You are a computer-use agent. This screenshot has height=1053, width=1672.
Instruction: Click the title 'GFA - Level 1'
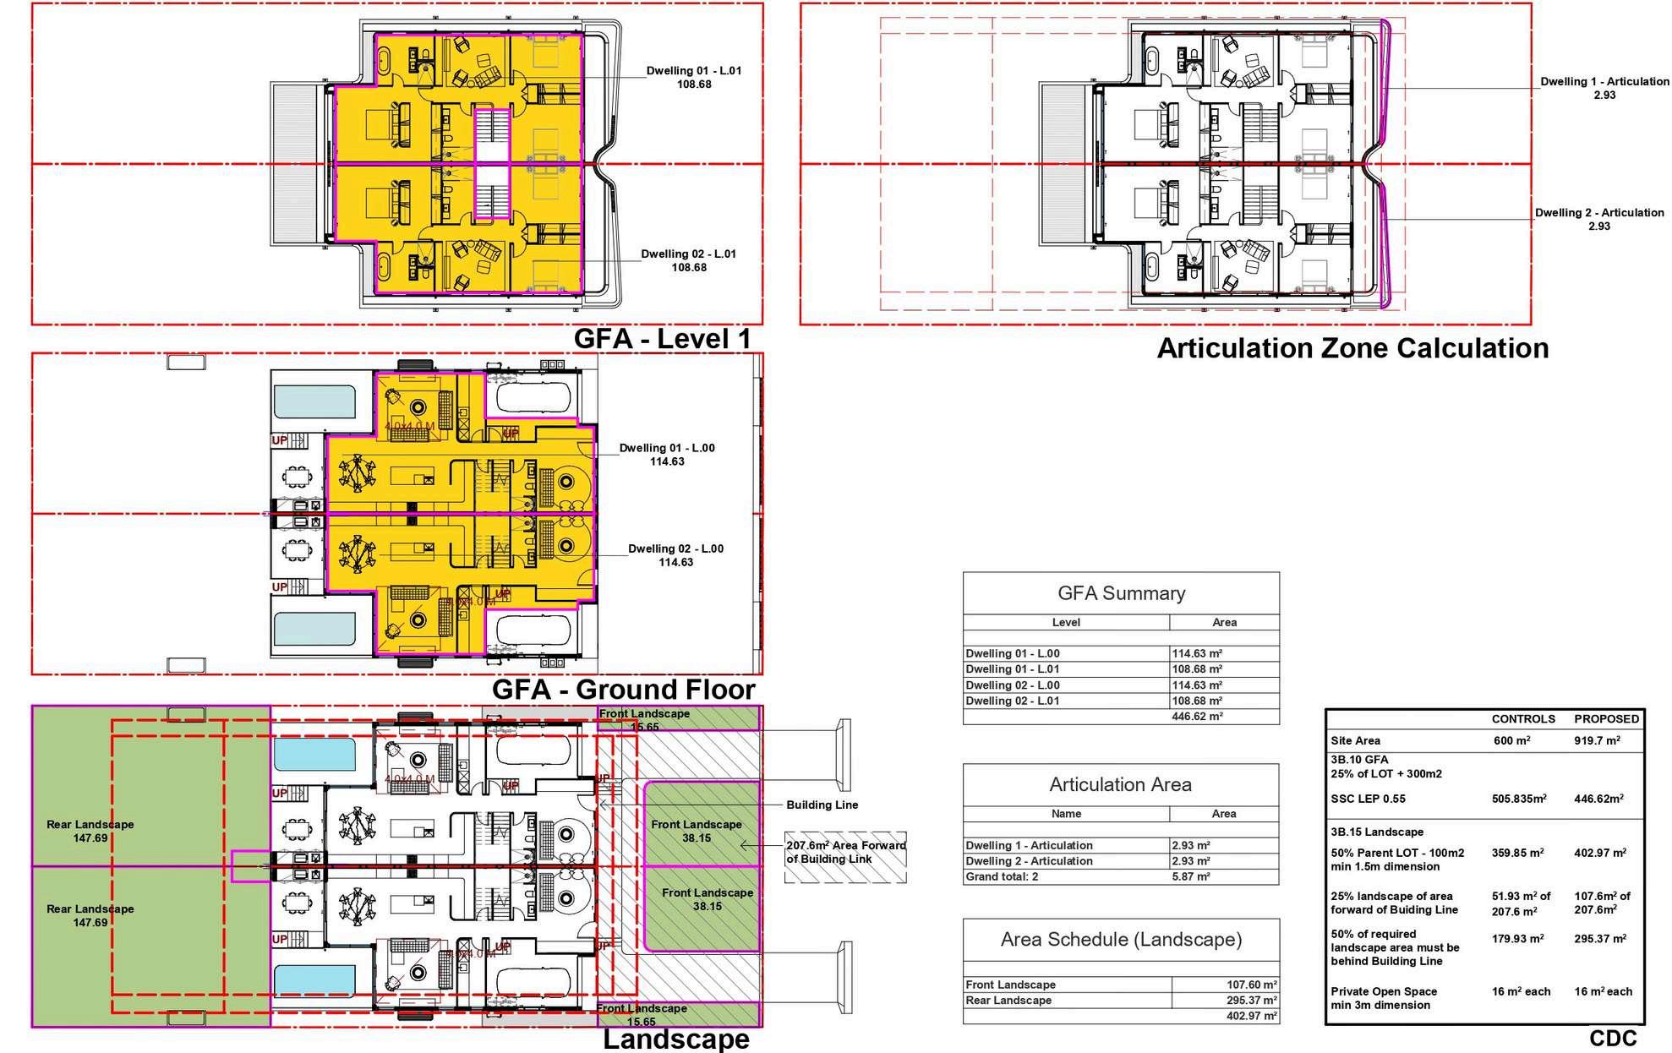[662, 339]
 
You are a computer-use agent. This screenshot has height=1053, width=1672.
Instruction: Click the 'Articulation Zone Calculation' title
[1352, 348]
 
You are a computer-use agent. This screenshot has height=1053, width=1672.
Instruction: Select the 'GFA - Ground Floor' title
[623, 690]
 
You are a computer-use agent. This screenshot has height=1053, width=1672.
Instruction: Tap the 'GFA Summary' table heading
[1121, 593]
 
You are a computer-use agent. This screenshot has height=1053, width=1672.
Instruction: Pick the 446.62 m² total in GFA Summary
[1196, 717]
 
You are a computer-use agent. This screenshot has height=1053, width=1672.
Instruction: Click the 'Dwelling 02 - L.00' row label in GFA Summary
[1013, 685]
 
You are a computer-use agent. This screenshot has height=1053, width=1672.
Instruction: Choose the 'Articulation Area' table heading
[1120, 785]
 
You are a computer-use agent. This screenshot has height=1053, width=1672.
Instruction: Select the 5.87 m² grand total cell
[1191, 877]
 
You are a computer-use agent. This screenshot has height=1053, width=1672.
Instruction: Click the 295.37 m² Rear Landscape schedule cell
[1251, 1001]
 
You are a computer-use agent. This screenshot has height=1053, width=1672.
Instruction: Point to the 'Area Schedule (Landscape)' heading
[1121, 940]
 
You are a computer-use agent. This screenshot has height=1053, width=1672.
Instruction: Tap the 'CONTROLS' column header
[1523, 719]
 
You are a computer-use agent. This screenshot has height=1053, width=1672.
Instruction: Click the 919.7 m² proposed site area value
[1597, 741]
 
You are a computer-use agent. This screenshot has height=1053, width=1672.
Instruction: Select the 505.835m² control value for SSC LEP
[1519, 799]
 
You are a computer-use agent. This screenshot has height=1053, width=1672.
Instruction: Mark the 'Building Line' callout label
[822, 805]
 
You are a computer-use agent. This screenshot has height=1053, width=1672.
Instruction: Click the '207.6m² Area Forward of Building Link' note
[845, 852]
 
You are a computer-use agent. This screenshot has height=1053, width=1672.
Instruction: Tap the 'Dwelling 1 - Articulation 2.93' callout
[1604, 89]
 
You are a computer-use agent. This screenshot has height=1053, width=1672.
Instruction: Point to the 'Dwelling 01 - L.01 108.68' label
[694, 78]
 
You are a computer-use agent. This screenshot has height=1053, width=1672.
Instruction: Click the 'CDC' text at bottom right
[1613, 1038]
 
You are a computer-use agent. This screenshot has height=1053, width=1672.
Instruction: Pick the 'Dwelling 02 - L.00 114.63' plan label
[675, 555]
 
